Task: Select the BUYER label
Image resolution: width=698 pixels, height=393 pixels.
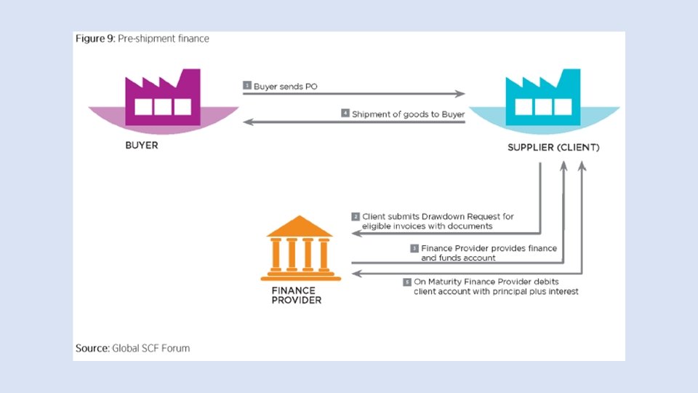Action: (142, 146)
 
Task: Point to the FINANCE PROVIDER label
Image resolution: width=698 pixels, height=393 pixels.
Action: (296, 294)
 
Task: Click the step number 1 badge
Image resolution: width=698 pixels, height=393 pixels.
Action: (247, 86)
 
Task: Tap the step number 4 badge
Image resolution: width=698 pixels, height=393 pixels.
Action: (345, 114)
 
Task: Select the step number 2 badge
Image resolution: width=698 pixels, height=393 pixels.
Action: (356, 216)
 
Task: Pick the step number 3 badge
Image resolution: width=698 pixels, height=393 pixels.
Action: (414, 248)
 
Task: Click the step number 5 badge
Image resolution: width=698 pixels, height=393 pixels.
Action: (407, 282)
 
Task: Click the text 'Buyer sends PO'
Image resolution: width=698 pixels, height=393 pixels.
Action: (286, 86)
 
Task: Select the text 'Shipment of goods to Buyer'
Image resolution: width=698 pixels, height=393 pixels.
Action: (408, 114)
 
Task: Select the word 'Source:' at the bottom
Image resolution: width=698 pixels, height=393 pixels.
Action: (92, 348)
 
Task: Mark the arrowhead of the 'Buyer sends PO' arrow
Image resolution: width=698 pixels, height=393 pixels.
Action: (461, 94)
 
